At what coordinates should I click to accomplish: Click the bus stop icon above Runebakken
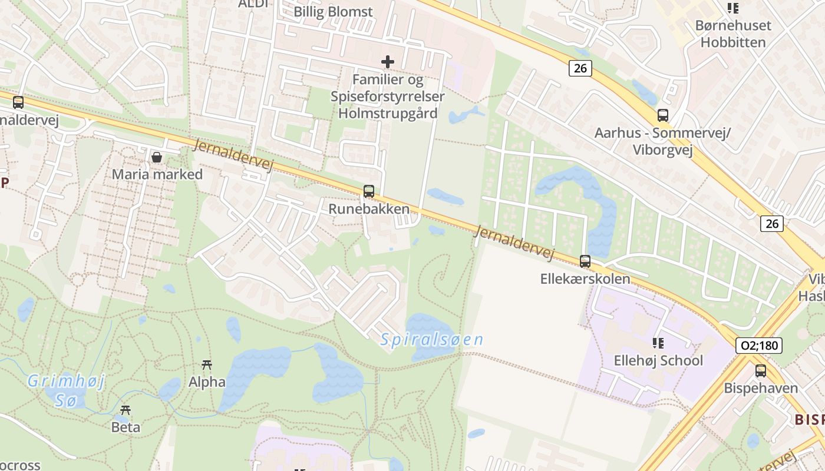pyautogui.click(x=369, y=191)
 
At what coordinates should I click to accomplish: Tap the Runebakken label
pyautogui.click(x=369, y=209)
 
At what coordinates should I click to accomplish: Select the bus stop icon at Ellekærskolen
pyautogui.click(x=585, y=261)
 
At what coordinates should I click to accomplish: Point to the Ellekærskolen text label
pyautogui.click(x=585, y=278)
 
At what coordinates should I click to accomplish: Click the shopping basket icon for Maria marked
pyautogui.click(x=157, y=157)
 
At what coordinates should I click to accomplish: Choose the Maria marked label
pyautogui.click(x=157, y=174)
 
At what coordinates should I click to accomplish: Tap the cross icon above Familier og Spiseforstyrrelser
pyautogui.click(x=388, y=61)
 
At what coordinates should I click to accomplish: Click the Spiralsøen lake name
pyautogui.click(x=432, y=340)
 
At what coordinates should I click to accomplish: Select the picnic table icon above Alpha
pyautogui.click(x=207, y=365)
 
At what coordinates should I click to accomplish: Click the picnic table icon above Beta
pyautogui.click(x=126, y=410)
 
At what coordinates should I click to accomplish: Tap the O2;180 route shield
pyautogui.click(x=759, y=345)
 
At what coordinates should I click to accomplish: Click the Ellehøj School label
pyautogui.click(x=658, y=360)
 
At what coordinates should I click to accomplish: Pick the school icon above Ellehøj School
pyautogui.click(x=658, y=343)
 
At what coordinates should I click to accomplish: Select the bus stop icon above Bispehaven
pyautogui.click(x=761, y=371)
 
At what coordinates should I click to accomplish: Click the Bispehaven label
pyautogui.click(x=761, y=388)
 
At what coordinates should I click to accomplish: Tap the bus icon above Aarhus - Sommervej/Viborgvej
pyautogui.click(x=663, y=115)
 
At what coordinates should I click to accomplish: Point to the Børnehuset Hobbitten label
pyautogui.click(x=733, y=34)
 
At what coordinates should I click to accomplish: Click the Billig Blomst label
pyautogui.click(x=334, y=12)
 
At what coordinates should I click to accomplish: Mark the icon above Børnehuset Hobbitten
pyautogui.click(x=733, y=8)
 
